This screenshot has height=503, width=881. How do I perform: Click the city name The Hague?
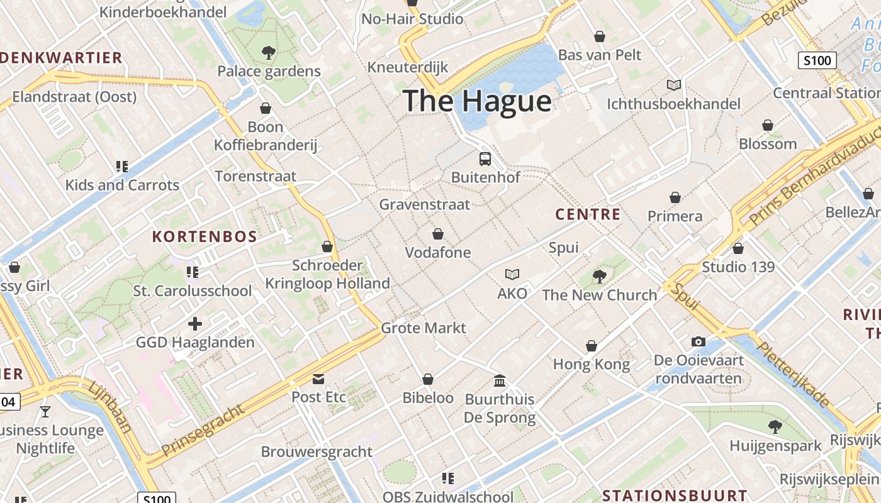point(477,101)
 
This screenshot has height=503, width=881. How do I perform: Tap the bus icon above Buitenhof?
point(485,158)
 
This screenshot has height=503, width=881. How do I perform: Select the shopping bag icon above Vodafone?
point(438,234)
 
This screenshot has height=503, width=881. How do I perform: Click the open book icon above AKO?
point(512,274)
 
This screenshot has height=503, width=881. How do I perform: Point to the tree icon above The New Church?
point(600,275)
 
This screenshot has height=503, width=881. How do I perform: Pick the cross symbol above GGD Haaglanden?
point(195,324)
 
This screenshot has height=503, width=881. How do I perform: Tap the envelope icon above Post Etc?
point(318,379)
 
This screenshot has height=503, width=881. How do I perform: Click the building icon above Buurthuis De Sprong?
point(500,380)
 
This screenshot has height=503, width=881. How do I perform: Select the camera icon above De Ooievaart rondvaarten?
point(699,341)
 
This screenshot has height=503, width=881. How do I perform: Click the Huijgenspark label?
point(775,446)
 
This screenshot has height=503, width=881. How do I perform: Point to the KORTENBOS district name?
point(205,237)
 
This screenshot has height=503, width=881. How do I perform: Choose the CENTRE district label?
point(588,214)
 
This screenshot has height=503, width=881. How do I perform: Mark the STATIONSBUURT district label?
point(675,495)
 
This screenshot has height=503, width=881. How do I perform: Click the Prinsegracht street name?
point(203,431)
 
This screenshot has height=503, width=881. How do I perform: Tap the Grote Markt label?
point(424,328)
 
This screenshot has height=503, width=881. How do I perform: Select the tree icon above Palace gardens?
point(269,53)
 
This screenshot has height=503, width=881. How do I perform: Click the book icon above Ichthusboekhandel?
point(674,85)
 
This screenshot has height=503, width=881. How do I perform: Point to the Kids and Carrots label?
point(123,185)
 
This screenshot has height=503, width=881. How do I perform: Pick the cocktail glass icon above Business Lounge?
point(45,412)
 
